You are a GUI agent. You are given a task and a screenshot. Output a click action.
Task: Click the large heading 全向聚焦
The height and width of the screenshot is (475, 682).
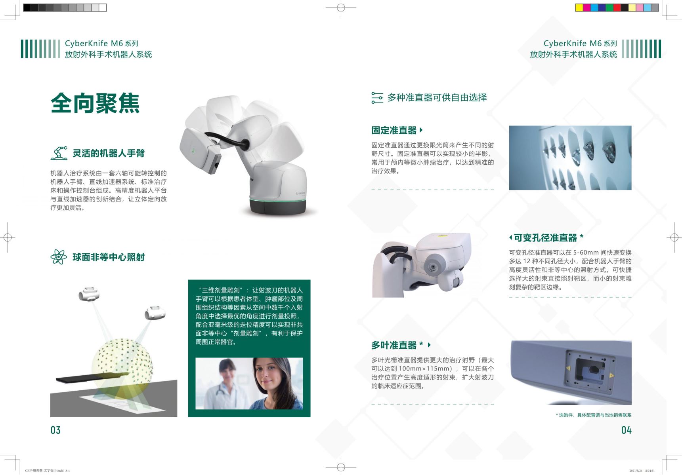pyautogui.click(x=95, y=103)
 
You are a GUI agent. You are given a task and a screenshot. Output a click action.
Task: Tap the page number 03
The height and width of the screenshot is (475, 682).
pyautogui.click(x=55, y=430)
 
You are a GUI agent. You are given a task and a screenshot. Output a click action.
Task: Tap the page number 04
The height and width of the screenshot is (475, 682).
pyautogui.click(x=626, y=430)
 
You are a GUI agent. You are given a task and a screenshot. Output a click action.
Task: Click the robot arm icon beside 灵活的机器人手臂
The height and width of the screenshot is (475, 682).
pyautogui.click(x=59, y=153)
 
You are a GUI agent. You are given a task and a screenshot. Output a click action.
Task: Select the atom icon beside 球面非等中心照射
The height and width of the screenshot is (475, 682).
pyautogui.click(x=59, y=257)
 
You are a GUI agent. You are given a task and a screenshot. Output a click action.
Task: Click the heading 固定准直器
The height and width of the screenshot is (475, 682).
pyautogui.click(x=394, y=130)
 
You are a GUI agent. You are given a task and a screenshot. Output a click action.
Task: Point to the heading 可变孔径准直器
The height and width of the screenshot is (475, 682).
pyautogui.click(x=545, y=238)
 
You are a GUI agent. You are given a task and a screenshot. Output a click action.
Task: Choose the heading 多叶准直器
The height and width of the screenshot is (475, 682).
pyautogui.click(x=394, y=345)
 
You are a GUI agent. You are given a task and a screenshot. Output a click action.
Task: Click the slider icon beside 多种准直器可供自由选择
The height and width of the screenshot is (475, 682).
pyautogui.click(x=377, y=98)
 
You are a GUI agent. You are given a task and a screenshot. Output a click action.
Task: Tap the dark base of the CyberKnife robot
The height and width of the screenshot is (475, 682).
pyautogui.click(x=278, y=206)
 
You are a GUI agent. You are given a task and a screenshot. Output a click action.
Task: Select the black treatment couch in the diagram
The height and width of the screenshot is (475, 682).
pyautogui.click(x=92, y=377)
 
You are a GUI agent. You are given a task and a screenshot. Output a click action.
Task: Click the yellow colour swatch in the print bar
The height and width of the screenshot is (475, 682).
pyautogui.click(x=579, y=8)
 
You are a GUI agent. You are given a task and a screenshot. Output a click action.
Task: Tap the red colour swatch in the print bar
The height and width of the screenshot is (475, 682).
pyautogui.click(x=617, y=8)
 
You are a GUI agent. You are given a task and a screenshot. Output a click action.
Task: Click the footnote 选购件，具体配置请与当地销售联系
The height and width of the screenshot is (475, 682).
pyautogui.click(x=595, y=415)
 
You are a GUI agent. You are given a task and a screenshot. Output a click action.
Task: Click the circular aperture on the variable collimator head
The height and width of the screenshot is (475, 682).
pyautogui.click(x=434, y=267)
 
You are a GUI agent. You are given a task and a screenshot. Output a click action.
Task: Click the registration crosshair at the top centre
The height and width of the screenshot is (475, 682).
pyautogui.click(x=341, y=8)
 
